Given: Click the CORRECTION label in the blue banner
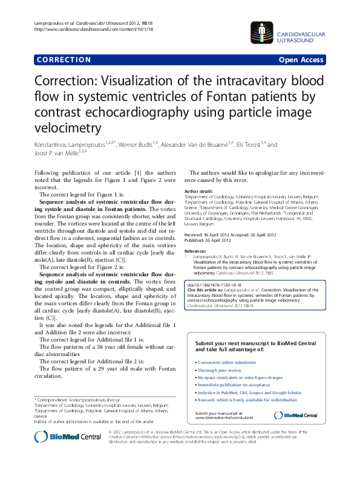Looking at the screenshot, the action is pos(64,60).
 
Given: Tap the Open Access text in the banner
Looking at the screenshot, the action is pos(301,60).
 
